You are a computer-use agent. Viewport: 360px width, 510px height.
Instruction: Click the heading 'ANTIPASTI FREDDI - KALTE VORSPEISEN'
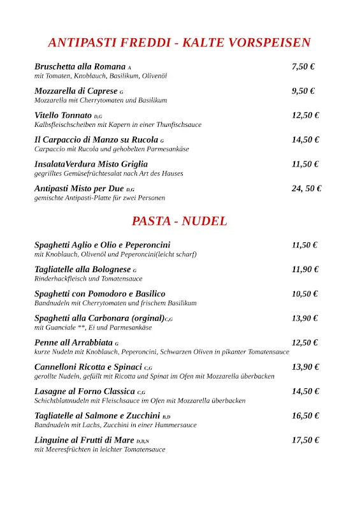point(179,43)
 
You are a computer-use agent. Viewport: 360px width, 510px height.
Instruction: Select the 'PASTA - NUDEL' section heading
point(179,221)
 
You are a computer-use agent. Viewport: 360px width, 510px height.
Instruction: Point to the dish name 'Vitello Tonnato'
point(63,115)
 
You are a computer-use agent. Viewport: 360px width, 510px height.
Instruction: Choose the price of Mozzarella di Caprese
point(303,91)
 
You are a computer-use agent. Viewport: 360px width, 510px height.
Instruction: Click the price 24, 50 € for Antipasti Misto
point(306,188)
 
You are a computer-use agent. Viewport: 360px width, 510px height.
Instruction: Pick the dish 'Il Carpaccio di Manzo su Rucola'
point(96,140)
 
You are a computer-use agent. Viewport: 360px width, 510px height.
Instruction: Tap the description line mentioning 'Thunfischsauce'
point(118,125)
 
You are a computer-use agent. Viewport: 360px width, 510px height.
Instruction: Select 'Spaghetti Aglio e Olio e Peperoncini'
point(103,245)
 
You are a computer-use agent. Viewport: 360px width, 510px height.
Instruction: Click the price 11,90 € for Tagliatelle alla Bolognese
point(305,269)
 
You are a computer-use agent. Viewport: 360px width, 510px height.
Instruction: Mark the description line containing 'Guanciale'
point(93,328)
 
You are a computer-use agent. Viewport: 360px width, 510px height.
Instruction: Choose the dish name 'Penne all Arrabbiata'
point(73,342)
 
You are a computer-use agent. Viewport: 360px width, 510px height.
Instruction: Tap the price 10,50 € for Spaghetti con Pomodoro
point(305,294)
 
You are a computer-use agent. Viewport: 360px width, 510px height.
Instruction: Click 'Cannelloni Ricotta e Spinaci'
point(89,367)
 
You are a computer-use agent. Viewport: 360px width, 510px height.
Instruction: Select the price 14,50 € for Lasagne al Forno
point(305,391)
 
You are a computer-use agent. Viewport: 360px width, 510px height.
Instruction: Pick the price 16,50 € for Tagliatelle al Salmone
point(305,416)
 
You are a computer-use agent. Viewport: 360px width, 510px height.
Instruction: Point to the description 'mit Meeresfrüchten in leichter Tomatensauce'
point(99,449)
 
